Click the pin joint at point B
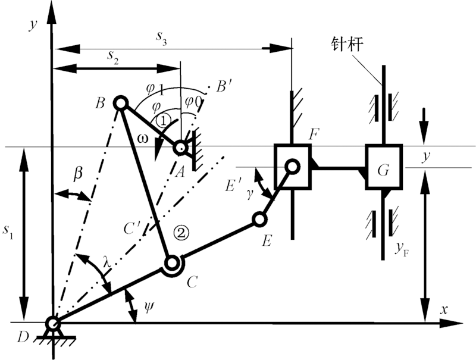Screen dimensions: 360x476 (119, 104)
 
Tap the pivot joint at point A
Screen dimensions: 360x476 (180, 146)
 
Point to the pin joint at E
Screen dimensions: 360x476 (259, 220)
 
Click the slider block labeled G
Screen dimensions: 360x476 (384, 168)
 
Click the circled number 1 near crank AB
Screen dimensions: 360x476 (164, 121)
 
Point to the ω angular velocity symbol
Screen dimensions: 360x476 (141, 139)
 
